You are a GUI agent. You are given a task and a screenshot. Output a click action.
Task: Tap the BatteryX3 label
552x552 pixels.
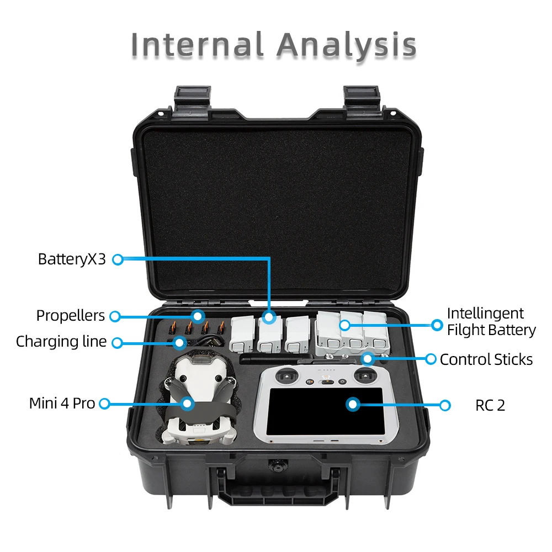pos(72,259)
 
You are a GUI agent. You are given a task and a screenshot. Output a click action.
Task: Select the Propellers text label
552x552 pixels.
pos(70,316)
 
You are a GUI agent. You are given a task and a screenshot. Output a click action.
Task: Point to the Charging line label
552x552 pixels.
pos(61,342)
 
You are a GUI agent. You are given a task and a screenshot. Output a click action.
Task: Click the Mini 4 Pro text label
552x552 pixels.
pos(62,404)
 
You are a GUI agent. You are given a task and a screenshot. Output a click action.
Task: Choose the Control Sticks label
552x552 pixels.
pos(486,360)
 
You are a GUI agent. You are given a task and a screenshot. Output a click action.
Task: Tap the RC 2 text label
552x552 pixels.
pos(490,406)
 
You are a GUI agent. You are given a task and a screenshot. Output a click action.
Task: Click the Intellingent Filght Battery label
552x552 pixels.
pos(491,322)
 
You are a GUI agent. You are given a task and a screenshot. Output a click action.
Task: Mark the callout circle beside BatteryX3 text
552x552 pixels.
pos(117,259)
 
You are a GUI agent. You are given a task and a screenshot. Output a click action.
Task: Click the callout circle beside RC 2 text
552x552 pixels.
pos(445,405)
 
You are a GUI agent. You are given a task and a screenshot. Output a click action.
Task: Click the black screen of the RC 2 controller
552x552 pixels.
pos(326,411)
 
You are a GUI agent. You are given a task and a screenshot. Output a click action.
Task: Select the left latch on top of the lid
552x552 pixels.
pos(190,99)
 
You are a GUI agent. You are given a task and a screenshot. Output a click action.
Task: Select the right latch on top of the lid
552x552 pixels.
pos(362,99)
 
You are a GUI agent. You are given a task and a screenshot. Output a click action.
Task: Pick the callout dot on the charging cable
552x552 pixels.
pos(179,343)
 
